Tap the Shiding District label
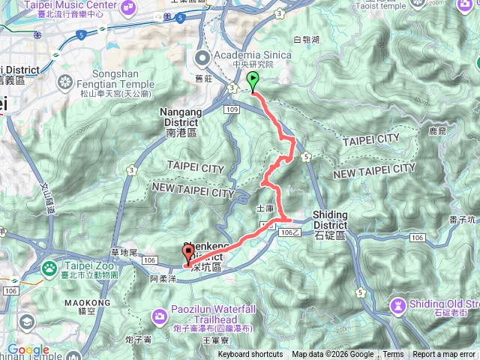click(330, 219)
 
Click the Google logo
click(28, 349)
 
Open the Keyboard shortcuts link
click(250, 355)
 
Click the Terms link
click(393, 355)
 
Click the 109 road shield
click(231, 109)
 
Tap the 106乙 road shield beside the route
click(289, 233)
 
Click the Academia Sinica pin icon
click(202, 58)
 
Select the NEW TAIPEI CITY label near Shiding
click(374, 172)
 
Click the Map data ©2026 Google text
click(331, 355)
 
